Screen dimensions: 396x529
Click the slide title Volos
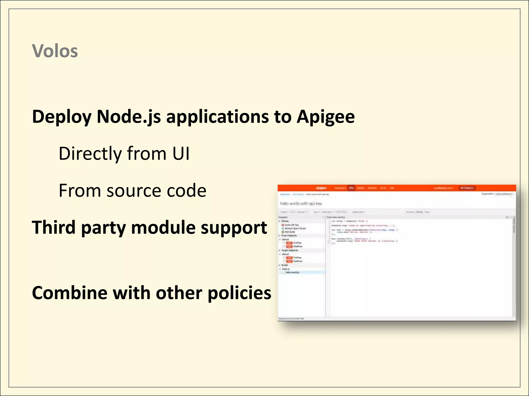pos(55,51)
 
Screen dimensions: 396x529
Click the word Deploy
pos(61,117)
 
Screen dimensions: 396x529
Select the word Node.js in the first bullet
pos(129,117)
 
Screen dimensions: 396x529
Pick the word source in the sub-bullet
pos(134,191)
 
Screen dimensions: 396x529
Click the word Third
pos(54,228)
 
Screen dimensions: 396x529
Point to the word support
pos(234,228)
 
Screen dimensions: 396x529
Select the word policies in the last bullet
pos(239,293)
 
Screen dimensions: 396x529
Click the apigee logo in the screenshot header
pos(321,188)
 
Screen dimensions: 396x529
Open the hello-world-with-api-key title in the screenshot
pos(301,204)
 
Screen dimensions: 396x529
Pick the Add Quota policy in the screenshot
pos(290,232)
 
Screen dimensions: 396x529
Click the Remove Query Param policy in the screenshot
pos(295,228)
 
